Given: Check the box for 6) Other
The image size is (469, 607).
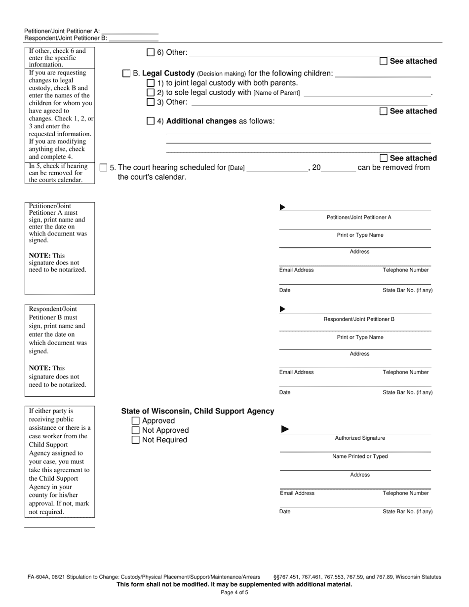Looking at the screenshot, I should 151,52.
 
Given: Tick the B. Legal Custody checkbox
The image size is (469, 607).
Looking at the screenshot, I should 126,74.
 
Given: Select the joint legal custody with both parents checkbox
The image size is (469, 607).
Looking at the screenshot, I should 151,83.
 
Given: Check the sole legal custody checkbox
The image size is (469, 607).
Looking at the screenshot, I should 151,92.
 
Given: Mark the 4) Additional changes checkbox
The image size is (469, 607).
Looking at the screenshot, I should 151,121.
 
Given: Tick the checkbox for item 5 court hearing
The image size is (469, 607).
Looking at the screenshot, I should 103,167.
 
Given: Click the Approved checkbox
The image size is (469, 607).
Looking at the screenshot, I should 136,421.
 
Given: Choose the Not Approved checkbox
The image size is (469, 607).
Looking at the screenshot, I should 136,430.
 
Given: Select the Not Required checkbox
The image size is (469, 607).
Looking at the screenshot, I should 136,440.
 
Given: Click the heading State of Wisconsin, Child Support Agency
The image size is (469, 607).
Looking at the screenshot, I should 197,411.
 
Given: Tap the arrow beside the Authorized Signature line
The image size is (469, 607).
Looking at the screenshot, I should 285,429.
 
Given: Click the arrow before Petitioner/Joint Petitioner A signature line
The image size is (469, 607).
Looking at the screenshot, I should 282,207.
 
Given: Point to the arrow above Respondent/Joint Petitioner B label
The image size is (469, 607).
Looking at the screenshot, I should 282,309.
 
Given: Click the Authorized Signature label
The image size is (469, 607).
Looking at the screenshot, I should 360,438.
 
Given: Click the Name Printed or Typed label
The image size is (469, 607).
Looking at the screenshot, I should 360,456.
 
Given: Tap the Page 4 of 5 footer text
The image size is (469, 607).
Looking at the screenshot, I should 234,593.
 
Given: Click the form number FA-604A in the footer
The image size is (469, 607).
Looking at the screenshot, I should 40,576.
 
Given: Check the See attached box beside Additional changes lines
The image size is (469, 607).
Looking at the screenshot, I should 384,158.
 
